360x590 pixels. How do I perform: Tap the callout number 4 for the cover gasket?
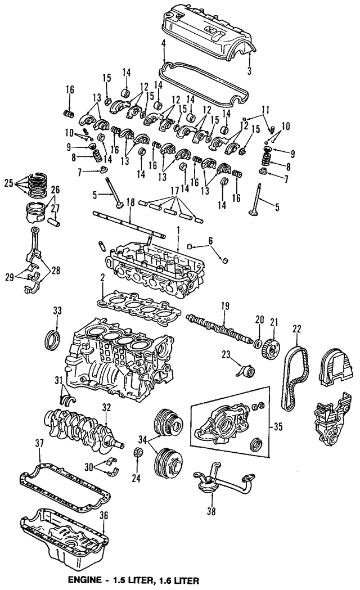coord(163,43)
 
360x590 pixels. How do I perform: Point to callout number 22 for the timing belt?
coord(296,328)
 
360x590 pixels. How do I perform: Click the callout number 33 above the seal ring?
coord(57,311)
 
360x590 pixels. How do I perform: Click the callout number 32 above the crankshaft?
coord(105,407)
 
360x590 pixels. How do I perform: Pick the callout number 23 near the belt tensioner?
coord(227,354)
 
